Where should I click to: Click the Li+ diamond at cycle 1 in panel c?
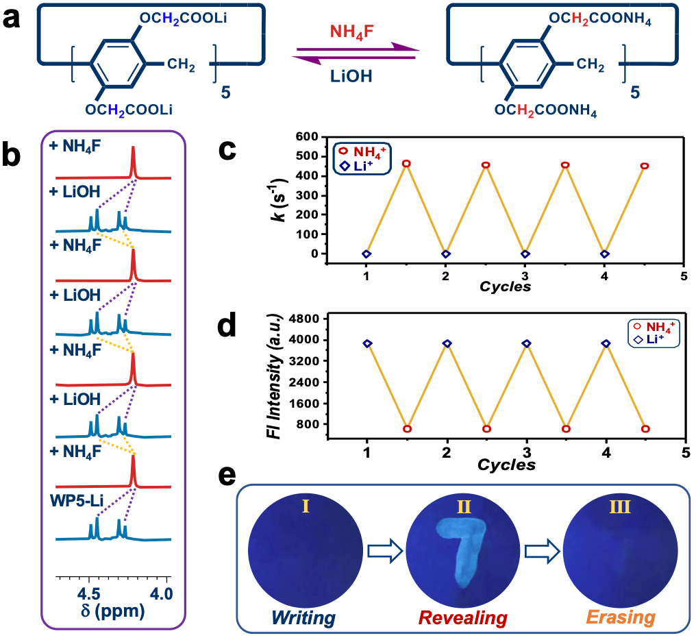pos(366,254)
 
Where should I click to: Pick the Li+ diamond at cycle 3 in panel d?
pos(526,343)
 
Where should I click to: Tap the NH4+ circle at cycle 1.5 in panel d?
pos(407,429)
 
